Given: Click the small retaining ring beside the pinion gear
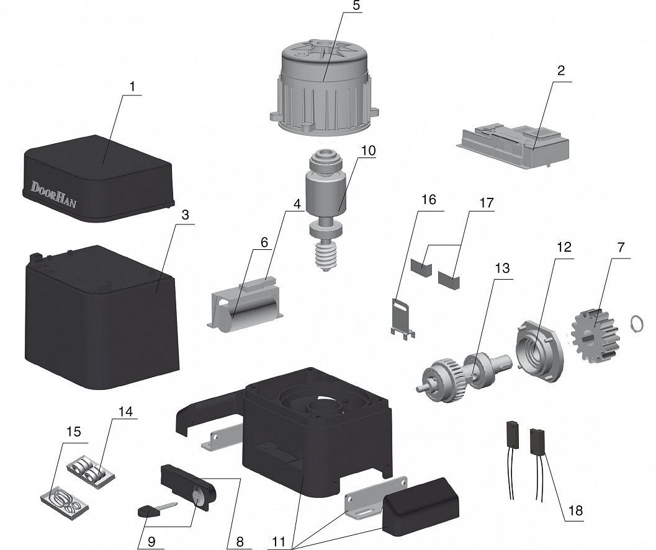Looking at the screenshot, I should tap(636, 324).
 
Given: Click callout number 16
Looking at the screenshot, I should tap(428, 200).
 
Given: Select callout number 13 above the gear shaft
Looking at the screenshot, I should tap(501, 268).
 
